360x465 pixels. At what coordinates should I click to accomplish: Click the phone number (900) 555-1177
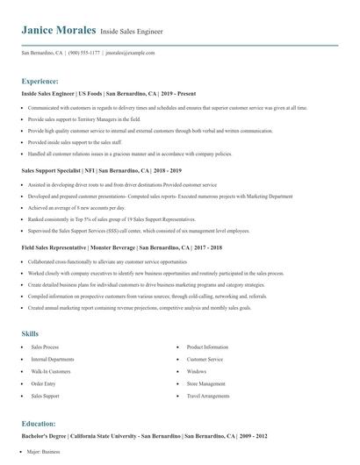[83, 53]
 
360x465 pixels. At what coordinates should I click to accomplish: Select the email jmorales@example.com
[130, 53]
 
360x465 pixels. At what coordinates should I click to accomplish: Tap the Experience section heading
[40, 80]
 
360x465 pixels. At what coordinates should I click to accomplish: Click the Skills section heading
[30, 333]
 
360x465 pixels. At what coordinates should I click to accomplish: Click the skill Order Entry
[44, 383]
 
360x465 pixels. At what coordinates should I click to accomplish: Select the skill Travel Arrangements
[208, 396]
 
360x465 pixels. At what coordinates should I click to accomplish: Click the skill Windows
[197, 371]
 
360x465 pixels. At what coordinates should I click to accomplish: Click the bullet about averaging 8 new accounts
[76, 208]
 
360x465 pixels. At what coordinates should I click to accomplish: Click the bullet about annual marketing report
[127, 308]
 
